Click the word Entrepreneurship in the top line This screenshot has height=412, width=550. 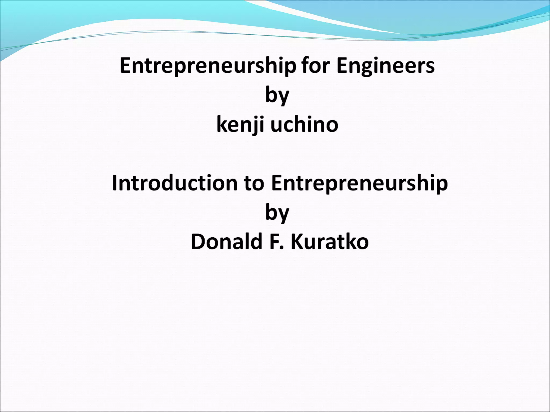tap(208, 66)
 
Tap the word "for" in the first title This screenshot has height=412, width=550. tap(316, 65)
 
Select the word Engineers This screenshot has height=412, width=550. tap(385, 65)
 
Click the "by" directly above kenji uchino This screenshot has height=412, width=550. tap(277, 95)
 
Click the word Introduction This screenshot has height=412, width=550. tap(175, 183)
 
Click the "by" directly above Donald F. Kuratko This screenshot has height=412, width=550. tap(277, 213)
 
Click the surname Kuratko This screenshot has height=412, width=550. tap(330, 242)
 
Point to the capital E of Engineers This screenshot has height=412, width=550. tap(342, 65)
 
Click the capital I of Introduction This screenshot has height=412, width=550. tap(115, 183)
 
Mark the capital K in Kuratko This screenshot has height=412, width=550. tap(297, 242)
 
